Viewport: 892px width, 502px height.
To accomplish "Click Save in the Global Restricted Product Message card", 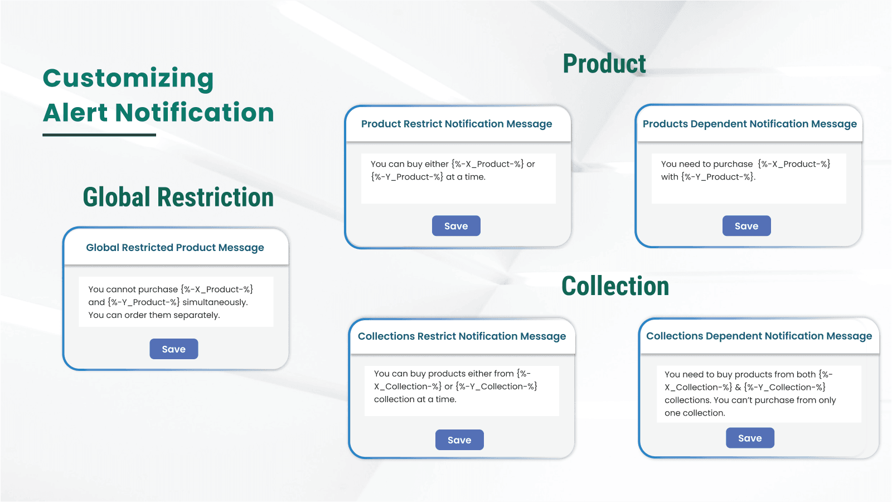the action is coord(173,349).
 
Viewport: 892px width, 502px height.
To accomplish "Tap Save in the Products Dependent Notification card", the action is coord(746,226).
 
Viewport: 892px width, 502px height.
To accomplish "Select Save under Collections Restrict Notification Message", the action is coord(459,440).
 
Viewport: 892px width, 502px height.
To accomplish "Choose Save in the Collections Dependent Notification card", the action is coord(750,438).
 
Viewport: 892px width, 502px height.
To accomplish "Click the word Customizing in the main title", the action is coord(128,79).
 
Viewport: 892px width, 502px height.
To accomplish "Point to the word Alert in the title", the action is coord(75,112).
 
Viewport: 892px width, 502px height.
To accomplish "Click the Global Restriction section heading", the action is coord(178,197).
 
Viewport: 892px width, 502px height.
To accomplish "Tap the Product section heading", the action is coord(604,64).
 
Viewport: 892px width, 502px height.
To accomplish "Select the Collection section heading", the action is coord(615,286).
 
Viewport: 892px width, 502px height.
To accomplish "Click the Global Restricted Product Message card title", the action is coord(175,248).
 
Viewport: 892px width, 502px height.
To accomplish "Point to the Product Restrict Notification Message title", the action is coord(457,124).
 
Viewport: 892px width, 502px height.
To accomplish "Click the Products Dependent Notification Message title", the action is coord(750,124).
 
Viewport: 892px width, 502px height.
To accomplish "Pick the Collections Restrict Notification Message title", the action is coord(462,336).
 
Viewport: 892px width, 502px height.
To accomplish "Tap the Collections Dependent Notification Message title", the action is coord(759,336).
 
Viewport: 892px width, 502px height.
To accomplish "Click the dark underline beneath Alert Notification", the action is coord(99,135).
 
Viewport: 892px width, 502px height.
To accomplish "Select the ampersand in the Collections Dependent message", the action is coord(738,387).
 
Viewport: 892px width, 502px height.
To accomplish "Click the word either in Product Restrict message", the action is coord(437,164).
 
